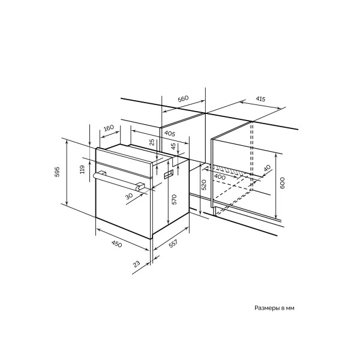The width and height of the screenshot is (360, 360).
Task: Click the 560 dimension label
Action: click(x=183, y=99)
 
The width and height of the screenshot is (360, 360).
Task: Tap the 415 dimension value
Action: click(x=260, y=99)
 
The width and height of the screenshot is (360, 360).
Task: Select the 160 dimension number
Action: click(x=109, y=128)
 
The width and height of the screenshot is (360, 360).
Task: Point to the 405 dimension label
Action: click(x=170, y=134)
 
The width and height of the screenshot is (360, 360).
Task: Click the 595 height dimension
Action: click(x=57, y=172)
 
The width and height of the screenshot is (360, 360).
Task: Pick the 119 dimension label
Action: click(x=82, y=169)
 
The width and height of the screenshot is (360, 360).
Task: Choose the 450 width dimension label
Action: click(x=116, y=244)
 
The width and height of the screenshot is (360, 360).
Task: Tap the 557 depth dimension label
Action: click(x=173, y=244)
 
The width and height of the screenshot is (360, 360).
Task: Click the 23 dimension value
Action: click(x=136, y=264)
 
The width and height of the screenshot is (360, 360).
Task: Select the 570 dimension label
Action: click(x=174, y=199)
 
